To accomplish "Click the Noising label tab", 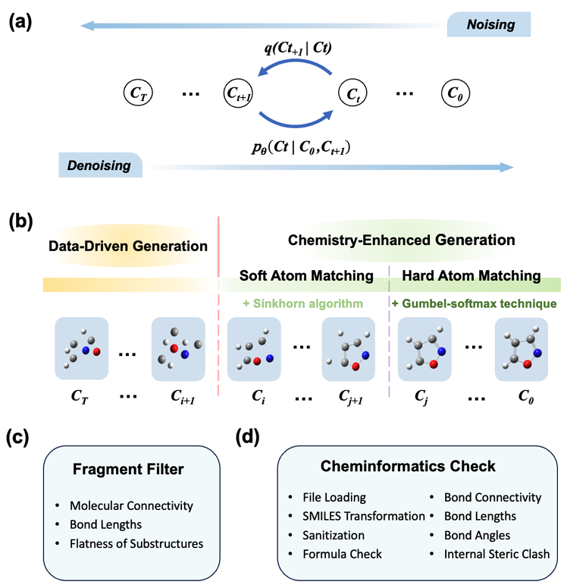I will (x=490, y=25).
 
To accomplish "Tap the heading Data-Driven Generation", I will (x=128, y=246).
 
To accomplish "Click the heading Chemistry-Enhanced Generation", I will (x=402, y=240).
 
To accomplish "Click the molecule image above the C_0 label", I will (x=521, y=350).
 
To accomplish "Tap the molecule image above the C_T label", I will (x=82, y=350).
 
